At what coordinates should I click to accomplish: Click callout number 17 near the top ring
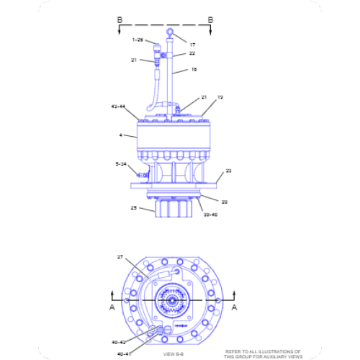(x=192, y=45)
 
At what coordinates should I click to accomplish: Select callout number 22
(x=192, y=54)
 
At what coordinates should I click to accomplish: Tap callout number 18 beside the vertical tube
(x=193, y=70)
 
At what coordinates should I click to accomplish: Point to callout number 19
(x=220, y=96)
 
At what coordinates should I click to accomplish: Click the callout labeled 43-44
(x=118, y=106)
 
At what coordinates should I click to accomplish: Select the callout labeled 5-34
(x=121, y=164)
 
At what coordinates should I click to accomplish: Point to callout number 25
(x=133, y=208)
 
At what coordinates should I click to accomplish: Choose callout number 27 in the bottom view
(x=120, y=256)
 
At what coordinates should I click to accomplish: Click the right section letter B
(x=210, y=19)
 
